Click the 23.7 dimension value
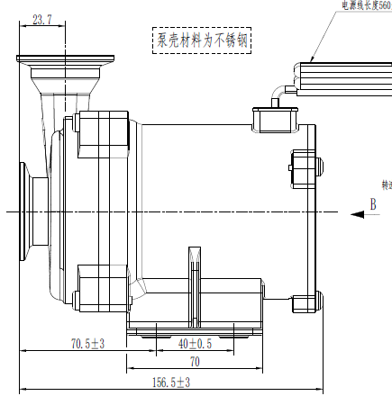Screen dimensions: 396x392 tap(41, 18)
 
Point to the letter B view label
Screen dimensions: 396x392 tap(372, 204)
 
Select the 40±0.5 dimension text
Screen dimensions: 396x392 tap(195, 344)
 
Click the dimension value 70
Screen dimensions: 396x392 tap(194, 362)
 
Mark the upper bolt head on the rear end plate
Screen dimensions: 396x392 tap(320, 164)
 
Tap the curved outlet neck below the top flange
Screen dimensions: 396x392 tap(50, 103)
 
